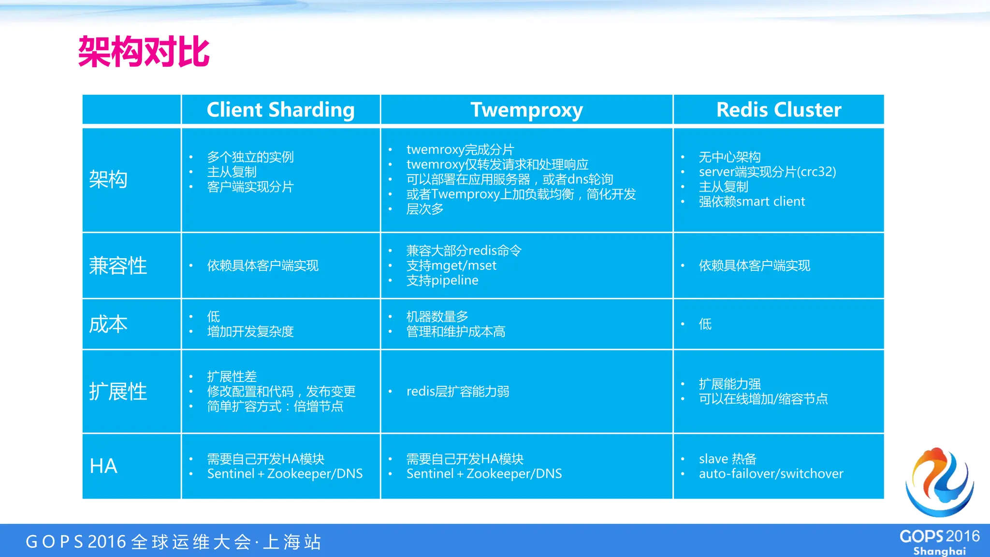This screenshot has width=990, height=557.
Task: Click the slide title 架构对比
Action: point(144,52)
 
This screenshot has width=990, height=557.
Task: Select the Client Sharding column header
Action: point(280,110)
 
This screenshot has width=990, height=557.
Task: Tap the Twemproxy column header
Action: point(526,110)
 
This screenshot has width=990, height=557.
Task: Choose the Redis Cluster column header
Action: point(778,110)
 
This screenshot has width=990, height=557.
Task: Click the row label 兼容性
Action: point(118,265)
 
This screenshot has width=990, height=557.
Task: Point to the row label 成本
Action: point(108,324)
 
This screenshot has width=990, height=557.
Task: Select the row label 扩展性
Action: point(118,391)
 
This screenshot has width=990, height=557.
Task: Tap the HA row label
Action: point(103,466)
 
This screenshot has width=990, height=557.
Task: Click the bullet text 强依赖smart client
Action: point(752,202)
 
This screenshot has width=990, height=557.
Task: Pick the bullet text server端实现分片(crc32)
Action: point(767,172)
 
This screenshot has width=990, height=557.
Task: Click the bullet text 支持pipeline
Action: point(442,280)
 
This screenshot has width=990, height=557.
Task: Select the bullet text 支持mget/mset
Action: point(451,265)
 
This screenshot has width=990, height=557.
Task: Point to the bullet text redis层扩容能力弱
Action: point(458,391)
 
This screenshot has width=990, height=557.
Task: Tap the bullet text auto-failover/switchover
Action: point(771,474)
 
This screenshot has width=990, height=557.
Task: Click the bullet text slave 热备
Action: point(728,459)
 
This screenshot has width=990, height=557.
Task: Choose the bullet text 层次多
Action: point(425,209)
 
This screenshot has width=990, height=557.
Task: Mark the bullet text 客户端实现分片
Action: point(250,187)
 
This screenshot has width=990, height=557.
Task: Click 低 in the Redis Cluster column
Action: point(705,324)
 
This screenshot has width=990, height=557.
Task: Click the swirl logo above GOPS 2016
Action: point(939,482)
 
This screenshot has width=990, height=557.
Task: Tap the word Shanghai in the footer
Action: point(939,551)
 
